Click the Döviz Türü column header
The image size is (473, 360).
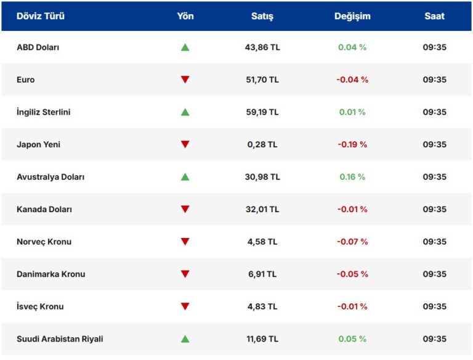[41, 16]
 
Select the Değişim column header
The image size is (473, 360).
[352, 16]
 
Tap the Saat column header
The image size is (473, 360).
[434, 16]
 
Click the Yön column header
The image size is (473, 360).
[185, 16]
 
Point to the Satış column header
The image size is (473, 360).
[262, 16]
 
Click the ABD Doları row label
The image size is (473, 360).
[38, 47]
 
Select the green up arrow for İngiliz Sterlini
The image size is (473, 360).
[185, 112]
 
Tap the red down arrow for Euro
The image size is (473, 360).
[185, 80]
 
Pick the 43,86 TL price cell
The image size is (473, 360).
[262, 47]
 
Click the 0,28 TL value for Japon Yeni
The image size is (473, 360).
[262, 144]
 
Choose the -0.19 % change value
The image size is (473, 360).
[352, 144]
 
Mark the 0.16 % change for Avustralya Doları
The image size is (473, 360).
[352, 177]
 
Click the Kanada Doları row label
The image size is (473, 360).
[44, 209]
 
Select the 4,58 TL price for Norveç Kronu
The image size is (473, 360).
[262, 242]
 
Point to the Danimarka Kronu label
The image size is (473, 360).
[51, 274]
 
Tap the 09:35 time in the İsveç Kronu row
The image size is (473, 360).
[434, 306]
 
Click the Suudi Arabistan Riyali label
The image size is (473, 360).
[60, 339]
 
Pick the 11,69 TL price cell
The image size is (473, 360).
[262, 339]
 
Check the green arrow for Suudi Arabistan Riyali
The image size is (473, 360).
[185, 339]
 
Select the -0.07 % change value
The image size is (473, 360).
[352, 242]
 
